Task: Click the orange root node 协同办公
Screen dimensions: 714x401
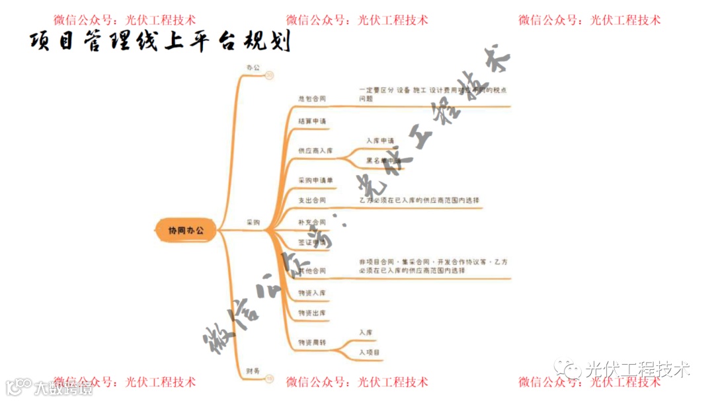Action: [186, 231]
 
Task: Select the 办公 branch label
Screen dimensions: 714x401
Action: [253, 67]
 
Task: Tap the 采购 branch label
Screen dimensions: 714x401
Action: [253, 223]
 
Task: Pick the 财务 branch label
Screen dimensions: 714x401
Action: [253, 370]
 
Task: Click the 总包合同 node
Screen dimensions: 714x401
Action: [311, 98]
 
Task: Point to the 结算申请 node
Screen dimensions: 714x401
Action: [311, 122]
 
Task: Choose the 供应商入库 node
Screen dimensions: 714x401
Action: [315, 151]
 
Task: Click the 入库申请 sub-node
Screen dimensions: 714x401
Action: [379, 141]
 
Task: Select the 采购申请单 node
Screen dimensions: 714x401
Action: [315, 180]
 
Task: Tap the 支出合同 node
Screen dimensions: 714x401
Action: [311, 200]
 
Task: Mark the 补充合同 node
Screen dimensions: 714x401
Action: [311, 222]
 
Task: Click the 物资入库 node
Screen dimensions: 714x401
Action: [311, 293]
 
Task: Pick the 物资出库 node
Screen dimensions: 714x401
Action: [311, 312]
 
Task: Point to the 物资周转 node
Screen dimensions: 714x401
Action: [311, 342]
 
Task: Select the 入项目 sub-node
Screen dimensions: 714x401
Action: [370, 353]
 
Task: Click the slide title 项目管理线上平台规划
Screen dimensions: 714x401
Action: [160, 41]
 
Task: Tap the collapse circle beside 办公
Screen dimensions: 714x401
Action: [269, 76]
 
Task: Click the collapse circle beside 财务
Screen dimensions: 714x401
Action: [269, 379]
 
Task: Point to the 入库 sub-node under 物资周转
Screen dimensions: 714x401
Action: [366, 332]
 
